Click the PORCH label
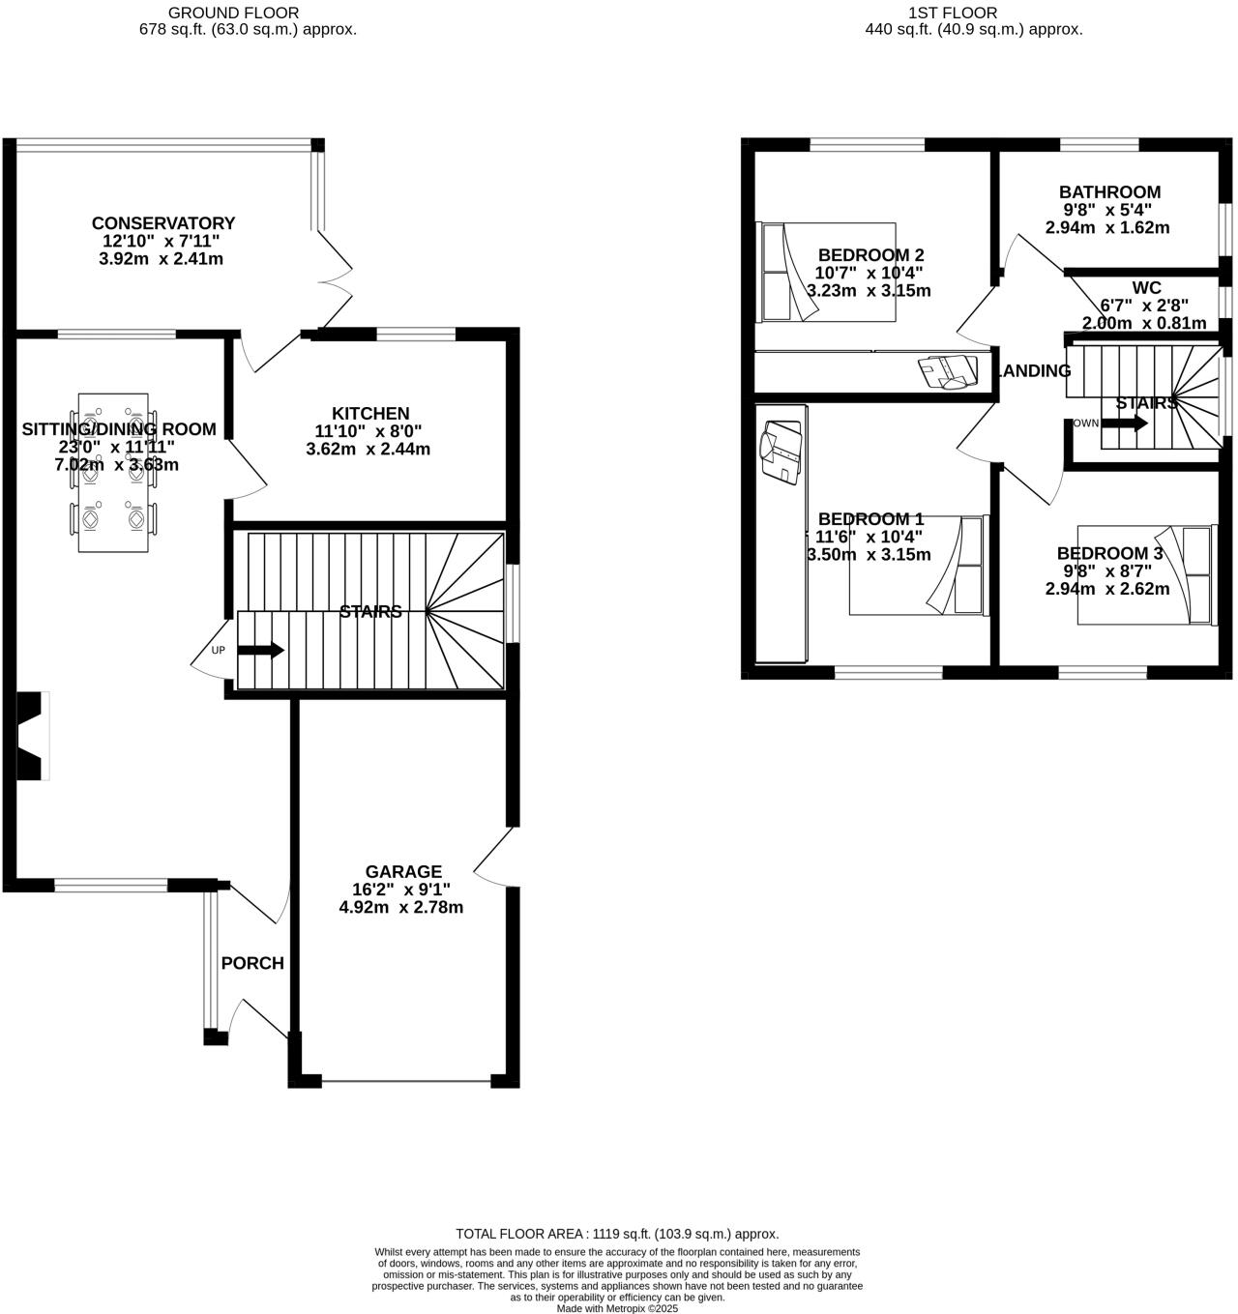click(252, 963)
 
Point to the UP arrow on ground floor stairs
click(260, 650)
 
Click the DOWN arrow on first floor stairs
click(1124, 423)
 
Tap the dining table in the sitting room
click(113, 472)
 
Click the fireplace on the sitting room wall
click(34, 736)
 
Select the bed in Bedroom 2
click(828, 272)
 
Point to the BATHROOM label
click(1109, 191)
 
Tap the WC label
click(1146, 288)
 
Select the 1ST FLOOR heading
click(952, 13)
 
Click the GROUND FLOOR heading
click(233, 13)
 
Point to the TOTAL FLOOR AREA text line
click(617, 1234)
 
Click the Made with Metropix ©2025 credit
click(617, 1308)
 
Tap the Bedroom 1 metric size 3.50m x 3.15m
click(869, 555)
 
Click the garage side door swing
click(494, 856)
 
